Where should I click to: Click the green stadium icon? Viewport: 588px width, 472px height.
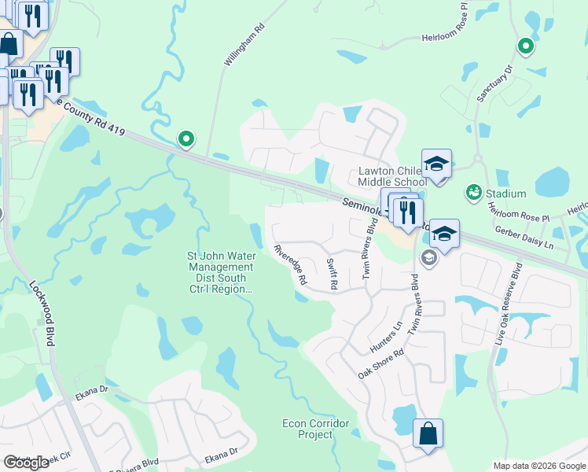[x=473, y=191]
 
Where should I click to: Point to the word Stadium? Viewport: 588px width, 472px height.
[x=505, y=194]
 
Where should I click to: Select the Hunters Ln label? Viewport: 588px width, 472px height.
[x=386, y=337]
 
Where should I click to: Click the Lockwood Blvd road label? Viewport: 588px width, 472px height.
[x=42, y=314]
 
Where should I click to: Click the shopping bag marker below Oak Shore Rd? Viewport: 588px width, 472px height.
[x=428, y=434]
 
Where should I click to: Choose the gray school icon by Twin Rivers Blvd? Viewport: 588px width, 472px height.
[x=429, y=257]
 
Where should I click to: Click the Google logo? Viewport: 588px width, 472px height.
[x=26, y=463]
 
